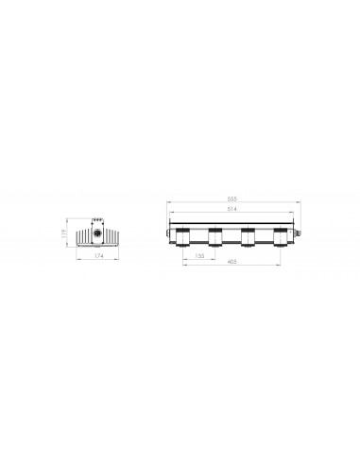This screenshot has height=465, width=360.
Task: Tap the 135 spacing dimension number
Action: click(199, 254)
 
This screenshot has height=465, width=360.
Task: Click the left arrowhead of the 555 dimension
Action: click(166, 204)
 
